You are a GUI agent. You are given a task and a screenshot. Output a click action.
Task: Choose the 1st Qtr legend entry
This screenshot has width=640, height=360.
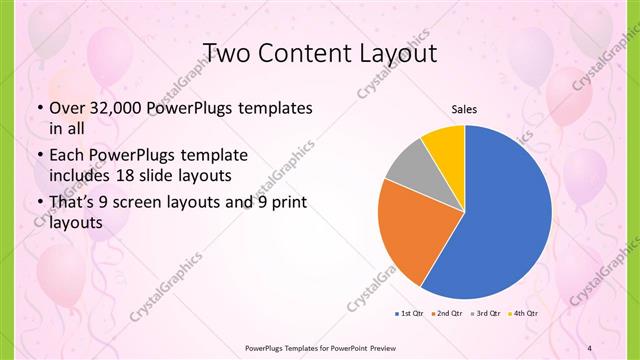(410, 314)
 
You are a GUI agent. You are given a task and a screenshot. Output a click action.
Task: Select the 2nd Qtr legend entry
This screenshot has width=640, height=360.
(445, 314)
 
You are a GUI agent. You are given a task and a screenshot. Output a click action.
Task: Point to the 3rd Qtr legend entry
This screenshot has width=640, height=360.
(485, 314)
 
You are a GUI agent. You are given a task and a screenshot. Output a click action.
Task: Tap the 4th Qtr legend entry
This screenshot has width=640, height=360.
(523, 314)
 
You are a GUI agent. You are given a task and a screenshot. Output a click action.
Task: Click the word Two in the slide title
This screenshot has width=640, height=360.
(228, 53)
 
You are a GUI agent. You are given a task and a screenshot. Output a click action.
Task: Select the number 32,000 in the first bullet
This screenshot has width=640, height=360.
(111, 108)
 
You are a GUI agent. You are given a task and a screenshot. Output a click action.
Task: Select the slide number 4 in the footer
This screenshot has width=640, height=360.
(589, 348)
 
